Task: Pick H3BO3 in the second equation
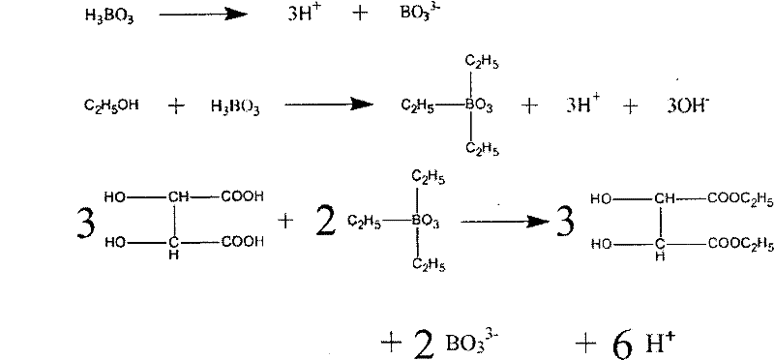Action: point(234,106)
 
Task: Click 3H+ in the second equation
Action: point(583,106)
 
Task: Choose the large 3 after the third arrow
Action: point(563,221)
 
